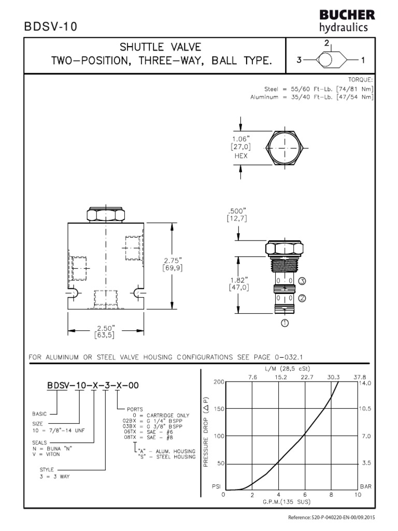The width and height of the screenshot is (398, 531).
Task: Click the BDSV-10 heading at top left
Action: pyautogui.click(x=50, y=27)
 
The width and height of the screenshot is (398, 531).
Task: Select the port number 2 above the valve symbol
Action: pyautogui.click(x=327, y=43)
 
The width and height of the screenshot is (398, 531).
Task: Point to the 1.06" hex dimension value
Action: pyautogui.click(x=241, y=138)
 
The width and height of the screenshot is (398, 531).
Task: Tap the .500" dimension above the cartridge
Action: pyautogui.click(x=237, y=211)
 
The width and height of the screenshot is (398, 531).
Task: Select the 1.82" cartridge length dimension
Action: pyautogui.click(x=239, y=280)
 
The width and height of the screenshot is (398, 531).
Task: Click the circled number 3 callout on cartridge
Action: pyautogui.click(x=303, y=281)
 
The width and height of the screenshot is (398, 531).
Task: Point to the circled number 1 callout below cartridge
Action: pyautogui.click(x=285, y=323)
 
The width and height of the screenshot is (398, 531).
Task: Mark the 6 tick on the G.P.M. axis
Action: pyautogui.click(x=305, y=495)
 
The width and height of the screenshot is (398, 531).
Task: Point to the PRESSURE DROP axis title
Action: pyautogui.click(x=206, y=432)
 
